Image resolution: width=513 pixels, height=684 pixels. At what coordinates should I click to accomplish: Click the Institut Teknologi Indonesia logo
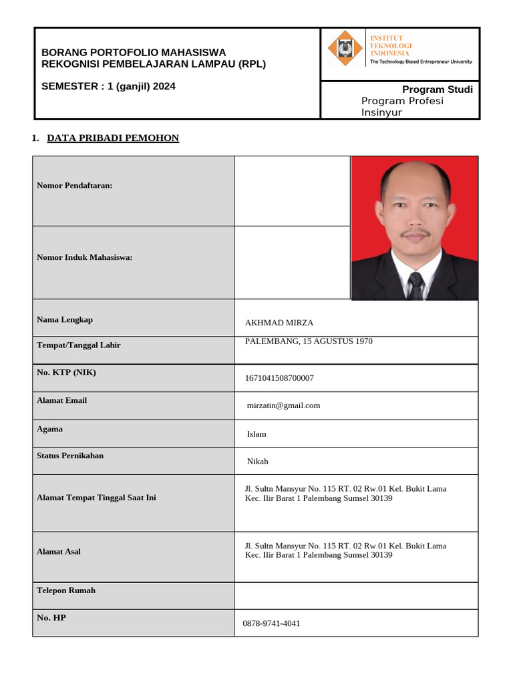(345, 49)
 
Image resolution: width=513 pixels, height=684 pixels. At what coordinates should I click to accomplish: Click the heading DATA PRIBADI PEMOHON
(113, 138)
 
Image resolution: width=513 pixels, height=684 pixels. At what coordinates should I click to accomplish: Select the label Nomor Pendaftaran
(74, 185)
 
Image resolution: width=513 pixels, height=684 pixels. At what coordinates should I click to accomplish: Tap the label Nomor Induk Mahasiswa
(84, 257)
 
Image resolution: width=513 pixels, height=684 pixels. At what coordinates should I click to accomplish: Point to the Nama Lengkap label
(65, 319)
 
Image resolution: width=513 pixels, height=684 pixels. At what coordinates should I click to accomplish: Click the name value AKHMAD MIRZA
(279, 323)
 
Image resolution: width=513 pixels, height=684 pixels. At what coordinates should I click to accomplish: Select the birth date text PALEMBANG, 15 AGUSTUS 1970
(309, 341)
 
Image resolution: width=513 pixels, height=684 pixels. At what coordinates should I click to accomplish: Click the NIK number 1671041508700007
(279, 378)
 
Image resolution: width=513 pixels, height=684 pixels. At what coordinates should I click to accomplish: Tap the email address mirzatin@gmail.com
(284, 405)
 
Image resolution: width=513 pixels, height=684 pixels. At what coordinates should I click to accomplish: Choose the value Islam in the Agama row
(256, 434)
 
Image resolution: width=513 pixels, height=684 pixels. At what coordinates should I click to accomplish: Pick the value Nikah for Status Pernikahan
(257, 462)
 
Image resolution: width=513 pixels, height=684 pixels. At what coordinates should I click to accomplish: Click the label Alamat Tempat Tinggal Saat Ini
(96, 498)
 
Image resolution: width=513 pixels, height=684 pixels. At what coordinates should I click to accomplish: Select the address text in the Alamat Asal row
(345, 550)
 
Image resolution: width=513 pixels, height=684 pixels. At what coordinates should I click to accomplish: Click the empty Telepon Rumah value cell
(355, 595)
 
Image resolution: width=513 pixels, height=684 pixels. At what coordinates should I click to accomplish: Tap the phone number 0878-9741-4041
(273, 623)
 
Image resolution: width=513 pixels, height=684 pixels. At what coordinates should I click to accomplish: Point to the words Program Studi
(437, 90)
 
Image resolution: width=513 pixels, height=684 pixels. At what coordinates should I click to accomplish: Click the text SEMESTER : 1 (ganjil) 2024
(108, 86)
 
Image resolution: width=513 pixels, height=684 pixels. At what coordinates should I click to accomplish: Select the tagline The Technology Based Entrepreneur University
(421, 61)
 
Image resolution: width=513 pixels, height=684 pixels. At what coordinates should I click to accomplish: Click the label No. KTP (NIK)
(66, 372)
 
